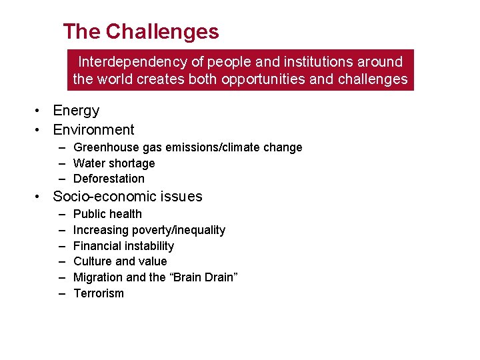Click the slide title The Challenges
(141, 31)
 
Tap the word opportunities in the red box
(269, 79)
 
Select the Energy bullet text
(76, 111)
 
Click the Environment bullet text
(93, 130)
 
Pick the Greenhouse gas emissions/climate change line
(187, 147)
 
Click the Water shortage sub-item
(113, 163)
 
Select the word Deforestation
(109, 179)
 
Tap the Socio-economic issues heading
(127, 197)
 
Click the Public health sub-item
(107, 214)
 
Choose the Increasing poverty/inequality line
(149, 230)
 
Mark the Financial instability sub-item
(123, 246)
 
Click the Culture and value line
(120, 261)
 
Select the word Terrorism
(98, 293)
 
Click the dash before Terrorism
(61, 293)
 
